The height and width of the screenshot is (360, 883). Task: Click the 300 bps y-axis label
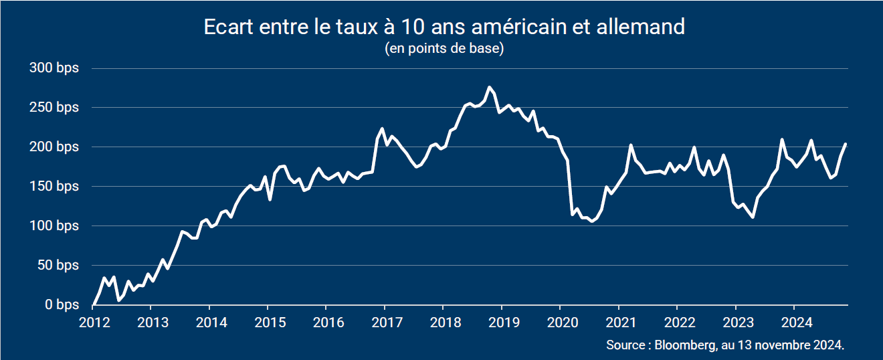(54, 68)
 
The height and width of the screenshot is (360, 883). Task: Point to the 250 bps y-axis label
(54, 108)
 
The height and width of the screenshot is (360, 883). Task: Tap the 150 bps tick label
(54, 187)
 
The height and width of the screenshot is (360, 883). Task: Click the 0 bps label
(61, 305)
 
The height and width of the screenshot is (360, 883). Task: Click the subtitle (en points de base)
(444, 49)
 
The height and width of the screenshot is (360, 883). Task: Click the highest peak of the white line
(490, 87)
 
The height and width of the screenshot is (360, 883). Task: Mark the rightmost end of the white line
(846, 144)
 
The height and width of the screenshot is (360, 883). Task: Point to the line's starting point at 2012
(94, 304)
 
